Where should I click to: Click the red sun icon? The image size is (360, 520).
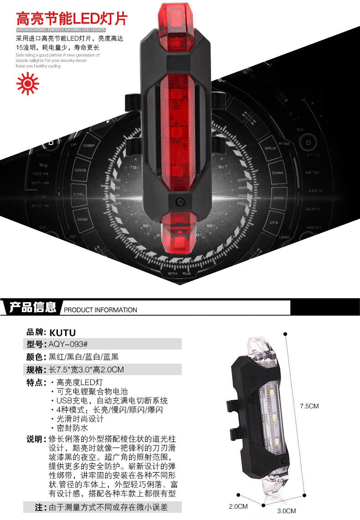[27, 83]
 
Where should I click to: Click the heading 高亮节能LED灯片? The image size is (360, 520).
[72, 18]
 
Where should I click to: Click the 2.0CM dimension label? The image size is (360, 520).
[238, 506]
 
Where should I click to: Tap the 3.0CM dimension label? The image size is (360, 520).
[286, 510]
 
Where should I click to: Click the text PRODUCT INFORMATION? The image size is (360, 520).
[100, 310]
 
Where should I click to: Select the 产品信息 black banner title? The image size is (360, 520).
[33, 308]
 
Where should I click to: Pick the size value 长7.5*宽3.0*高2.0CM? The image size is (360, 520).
[86, 369]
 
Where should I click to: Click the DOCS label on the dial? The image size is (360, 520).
[81, 170]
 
